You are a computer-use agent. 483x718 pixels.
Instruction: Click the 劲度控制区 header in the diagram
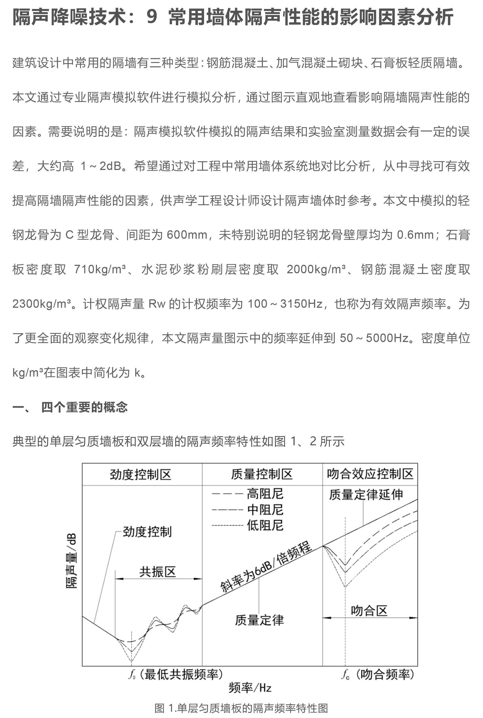pos(141,475)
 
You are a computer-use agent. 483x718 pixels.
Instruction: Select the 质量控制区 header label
pos(262,474)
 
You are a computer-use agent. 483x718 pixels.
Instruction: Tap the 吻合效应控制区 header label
pos(370,474)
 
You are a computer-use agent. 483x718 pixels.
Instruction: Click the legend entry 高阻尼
pos(265,494)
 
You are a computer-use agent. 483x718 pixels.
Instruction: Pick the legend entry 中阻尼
pos(265,510)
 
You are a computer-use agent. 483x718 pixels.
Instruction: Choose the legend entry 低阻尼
pos(265,525)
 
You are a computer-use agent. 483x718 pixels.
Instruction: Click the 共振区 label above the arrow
pos(157,572)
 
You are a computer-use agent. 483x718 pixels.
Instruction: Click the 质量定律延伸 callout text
pos(366,495)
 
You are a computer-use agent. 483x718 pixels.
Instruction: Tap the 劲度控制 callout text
pos(147,531)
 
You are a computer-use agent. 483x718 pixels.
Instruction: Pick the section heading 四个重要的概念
pos(84,407)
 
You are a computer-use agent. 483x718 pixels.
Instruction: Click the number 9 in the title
pos(152,17)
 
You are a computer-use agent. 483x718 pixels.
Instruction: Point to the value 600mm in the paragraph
pos(187,235)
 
